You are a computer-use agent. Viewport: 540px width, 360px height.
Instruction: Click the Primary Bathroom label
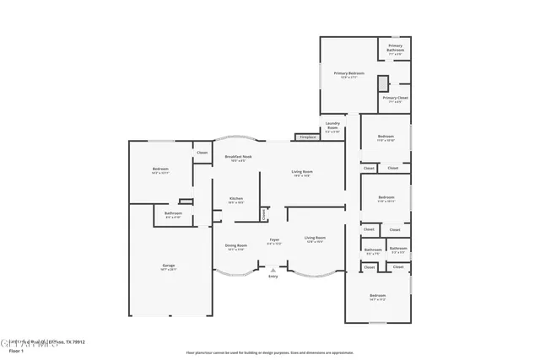pyautogui.click(x=395, y=48)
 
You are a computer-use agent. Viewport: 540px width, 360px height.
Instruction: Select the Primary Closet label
pyautogui.click(x=395, y=99)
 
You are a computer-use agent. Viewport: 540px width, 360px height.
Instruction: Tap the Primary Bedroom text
pyautogui.click(x=348, y=73)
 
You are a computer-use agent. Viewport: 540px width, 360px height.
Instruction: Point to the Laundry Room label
pyautogui.click(x=332, y=126)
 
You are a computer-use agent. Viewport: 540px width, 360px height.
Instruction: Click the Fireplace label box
pyautogui.click(x=306, y=137)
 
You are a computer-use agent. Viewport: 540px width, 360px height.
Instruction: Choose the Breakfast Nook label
pyautogui.click(x=236, y=157)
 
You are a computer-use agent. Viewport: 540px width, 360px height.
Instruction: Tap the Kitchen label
pyautogui.click(x=236, y=199)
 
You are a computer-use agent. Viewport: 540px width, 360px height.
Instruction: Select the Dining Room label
pyautogui.click(x=235, y=245)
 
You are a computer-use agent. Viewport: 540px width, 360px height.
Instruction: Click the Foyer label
pyautogui.click(x=274, y=240)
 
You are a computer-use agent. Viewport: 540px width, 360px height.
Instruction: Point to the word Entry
pyautogui.click(x=273, y=277)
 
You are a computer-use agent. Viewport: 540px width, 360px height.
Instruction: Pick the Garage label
pyautogui.click(x=169, y=266)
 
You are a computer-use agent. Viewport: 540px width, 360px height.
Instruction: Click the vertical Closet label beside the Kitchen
pyautogui.click(x=264, y=215)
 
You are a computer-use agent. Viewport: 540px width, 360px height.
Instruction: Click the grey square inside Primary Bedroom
pyautogui.click(x=383, y=83)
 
